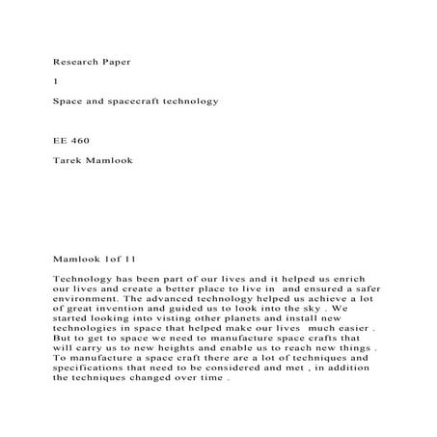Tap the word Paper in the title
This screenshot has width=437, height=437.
116,61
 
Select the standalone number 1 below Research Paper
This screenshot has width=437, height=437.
54,80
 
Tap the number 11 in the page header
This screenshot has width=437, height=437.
127,259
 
